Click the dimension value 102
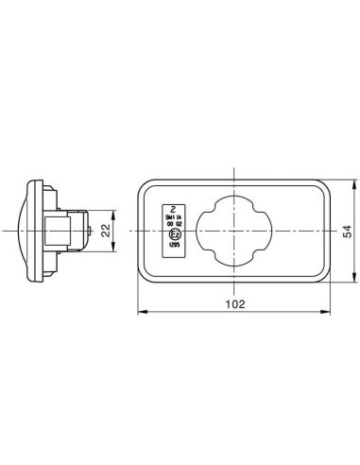235,304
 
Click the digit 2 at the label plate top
173,207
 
